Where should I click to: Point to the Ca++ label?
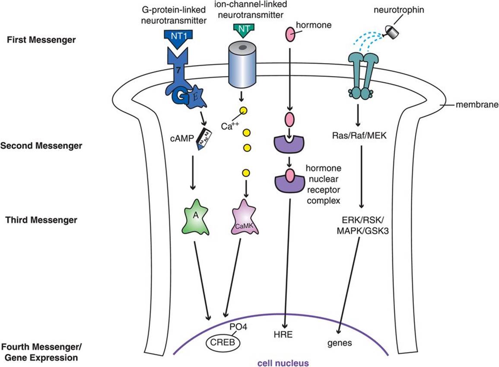(230, 126)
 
